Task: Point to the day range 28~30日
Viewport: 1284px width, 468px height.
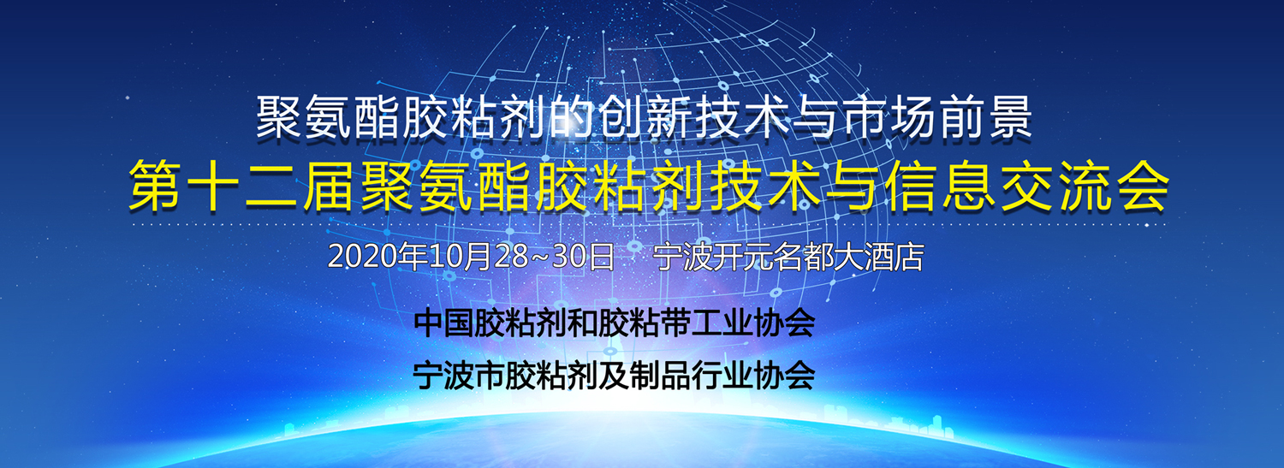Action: (x=539, y=257)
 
